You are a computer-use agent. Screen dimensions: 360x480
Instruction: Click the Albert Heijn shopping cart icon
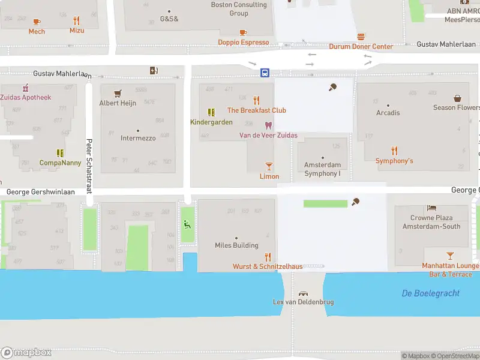click(118, 93)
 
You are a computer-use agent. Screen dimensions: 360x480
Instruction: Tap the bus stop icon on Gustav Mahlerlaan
click(265, 73)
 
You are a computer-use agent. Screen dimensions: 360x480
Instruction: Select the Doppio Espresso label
click(243, 43)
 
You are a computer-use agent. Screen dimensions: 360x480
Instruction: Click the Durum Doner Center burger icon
click(361, 37)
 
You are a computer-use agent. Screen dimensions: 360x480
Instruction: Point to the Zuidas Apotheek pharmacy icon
click(25, 88)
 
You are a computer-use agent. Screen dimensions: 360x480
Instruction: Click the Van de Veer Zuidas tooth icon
click(268, 125)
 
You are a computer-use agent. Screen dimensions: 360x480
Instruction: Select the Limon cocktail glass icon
click(269, 166)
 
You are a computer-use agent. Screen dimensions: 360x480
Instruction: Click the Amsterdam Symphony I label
click(322, 169)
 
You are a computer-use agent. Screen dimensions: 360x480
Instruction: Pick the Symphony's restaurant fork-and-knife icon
click(394, 151)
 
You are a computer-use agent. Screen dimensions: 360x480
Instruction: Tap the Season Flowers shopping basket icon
click(457, 98)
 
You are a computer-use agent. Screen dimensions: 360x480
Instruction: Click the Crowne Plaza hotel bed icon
click(431, 208)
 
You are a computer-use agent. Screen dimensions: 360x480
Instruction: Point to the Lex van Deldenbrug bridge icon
click(304, 293)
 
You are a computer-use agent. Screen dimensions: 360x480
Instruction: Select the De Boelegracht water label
click(431, 293)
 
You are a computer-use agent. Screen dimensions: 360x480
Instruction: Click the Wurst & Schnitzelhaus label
click(268, 266)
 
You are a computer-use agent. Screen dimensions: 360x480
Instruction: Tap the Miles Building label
click(236, 245)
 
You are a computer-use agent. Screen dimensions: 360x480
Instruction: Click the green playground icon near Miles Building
click(187, 224)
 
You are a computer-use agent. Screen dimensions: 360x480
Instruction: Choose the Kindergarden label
click(211, 122)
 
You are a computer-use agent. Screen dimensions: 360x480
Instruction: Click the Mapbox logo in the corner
click(26, 353)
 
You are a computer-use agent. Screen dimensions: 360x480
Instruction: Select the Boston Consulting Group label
click(239, 9)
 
